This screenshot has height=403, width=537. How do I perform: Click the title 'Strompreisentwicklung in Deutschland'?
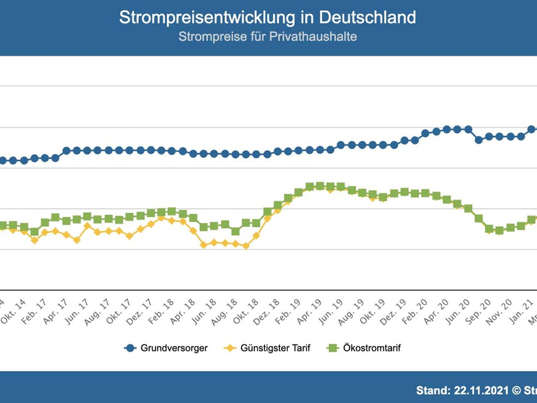coord(267,17)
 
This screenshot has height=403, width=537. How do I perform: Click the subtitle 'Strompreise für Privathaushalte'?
coord(267,36)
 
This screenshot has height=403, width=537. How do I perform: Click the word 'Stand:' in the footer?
coord(434,389)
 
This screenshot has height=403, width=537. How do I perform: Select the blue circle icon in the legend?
coord(130,348)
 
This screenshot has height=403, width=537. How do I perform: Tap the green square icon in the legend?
coord(331,348)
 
